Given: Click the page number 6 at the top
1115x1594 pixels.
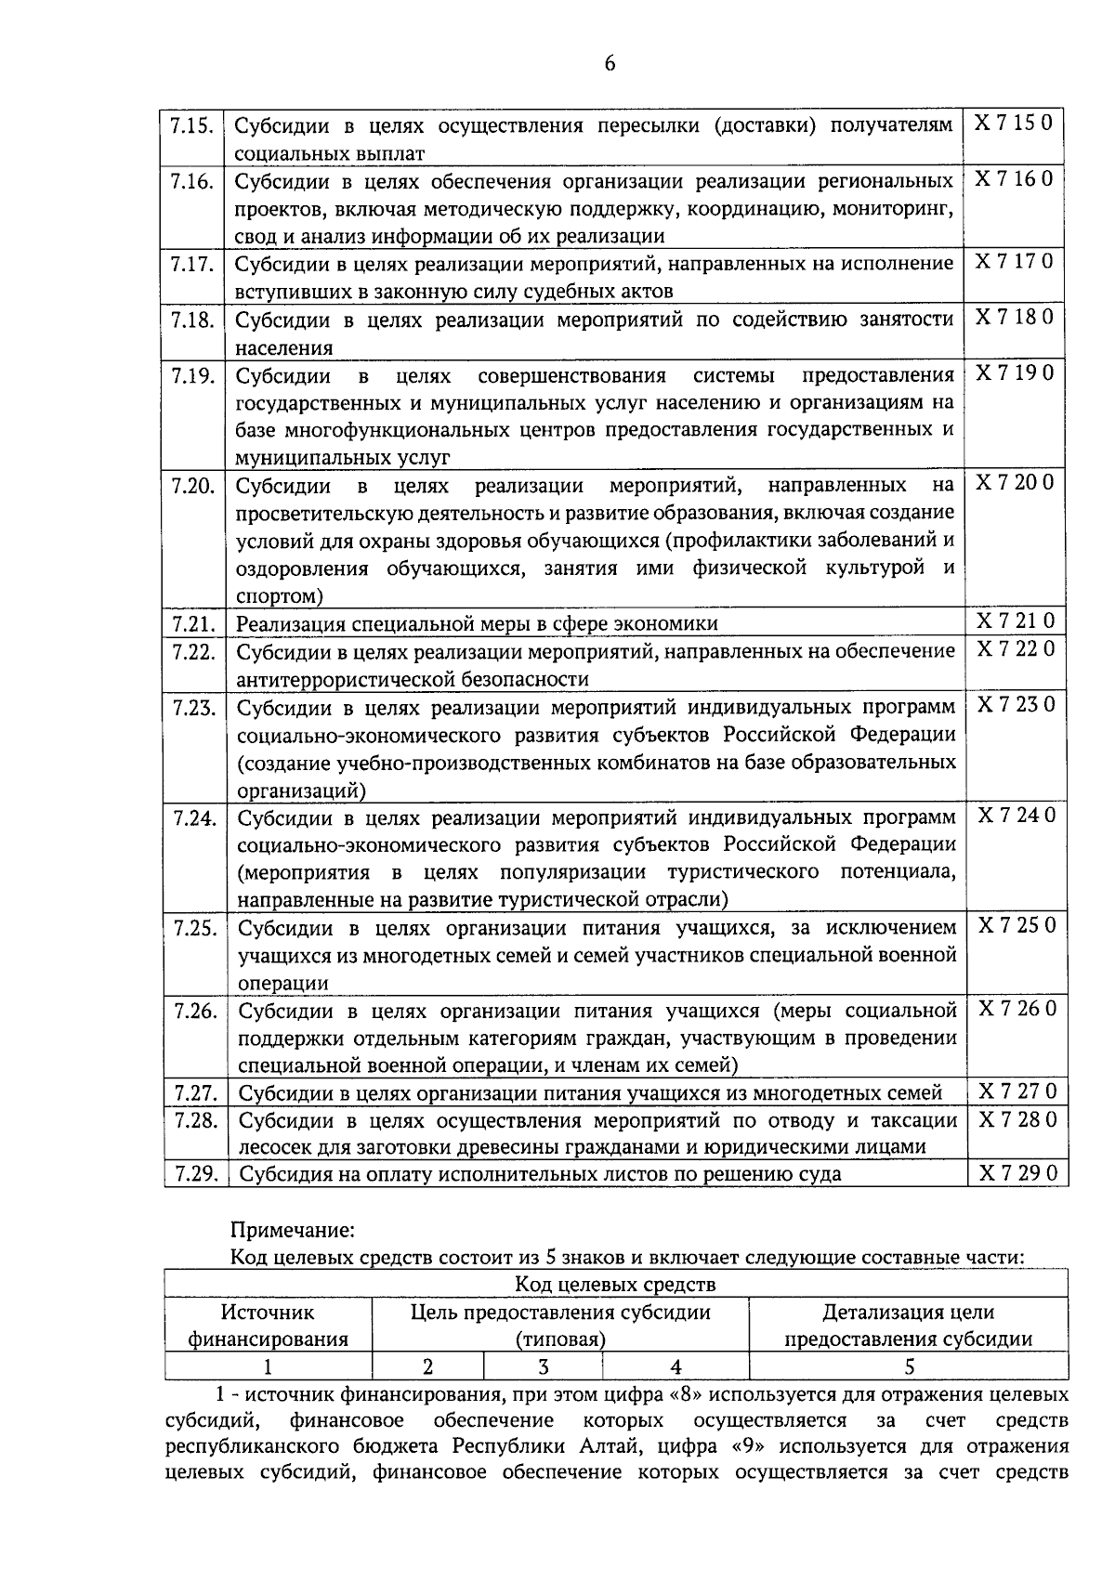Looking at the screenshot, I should (610, 63).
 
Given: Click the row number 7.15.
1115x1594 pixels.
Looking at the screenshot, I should (192, 124).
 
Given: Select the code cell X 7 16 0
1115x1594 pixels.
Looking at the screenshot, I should (1013, 178).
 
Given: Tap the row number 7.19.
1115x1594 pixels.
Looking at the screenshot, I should (193, 375).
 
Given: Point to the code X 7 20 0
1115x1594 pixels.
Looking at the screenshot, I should (1014, 482).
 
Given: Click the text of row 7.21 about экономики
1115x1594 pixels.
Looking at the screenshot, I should (477, 623).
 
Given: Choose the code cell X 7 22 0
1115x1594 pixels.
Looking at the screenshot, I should (1015, 648).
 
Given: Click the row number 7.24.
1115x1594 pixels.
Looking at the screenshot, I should (195, 817).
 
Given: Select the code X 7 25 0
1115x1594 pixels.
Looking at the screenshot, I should (1017, 926).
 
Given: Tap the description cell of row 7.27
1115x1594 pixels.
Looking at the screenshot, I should (591, 1093).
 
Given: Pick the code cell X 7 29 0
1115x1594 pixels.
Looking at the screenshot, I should (1017, 1173).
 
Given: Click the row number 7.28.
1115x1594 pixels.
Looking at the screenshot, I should (196, 1120).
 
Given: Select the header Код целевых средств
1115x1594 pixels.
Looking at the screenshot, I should (616, 1285).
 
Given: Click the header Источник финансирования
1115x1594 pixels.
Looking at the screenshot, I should (269, 1326).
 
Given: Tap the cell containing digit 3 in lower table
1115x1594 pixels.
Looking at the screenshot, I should (543, 1365).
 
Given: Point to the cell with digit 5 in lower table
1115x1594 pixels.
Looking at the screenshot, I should (909, 1365).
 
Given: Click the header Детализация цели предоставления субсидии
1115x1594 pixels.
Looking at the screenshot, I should (909, 1326).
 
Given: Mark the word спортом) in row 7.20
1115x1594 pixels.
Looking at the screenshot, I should (280, 595).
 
